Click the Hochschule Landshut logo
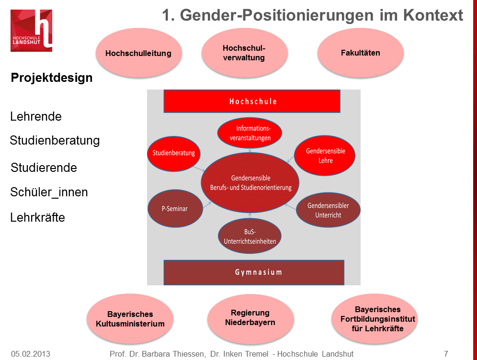pos(31,30)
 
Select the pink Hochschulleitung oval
pos(138,53)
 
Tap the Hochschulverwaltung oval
pos(244,53)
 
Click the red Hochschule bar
pos(252,101)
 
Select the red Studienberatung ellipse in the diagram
pos(173,153)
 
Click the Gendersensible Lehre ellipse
pos(325,156)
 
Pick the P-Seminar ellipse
pos(174,209)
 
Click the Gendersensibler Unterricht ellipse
pos(328,210)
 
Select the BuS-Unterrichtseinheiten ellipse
pos(250,236)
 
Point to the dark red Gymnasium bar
pos(254,272)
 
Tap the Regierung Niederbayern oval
pos(250,317)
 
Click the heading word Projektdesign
pos(52,78)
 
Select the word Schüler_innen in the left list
pos(49,192)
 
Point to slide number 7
pos(446,354)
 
